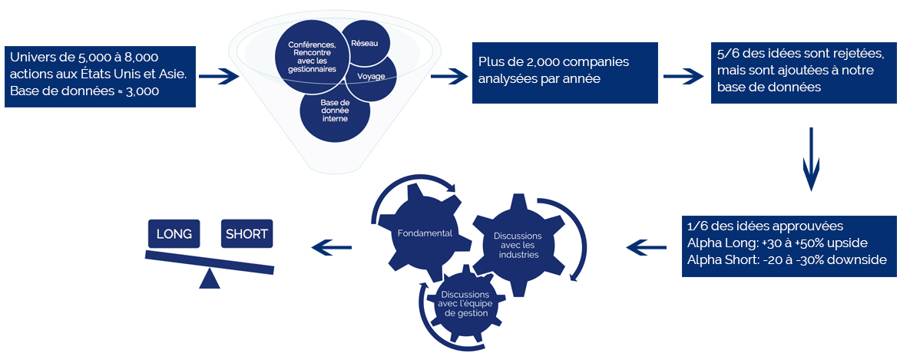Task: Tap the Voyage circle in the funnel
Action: click(371, 77)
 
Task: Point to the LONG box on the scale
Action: click(174, 234)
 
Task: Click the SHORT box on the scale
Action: click(247, 234)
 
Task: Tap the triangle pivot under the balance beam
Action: click(210, 279)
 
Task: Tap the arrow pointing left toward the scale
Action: click(331, 246)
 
